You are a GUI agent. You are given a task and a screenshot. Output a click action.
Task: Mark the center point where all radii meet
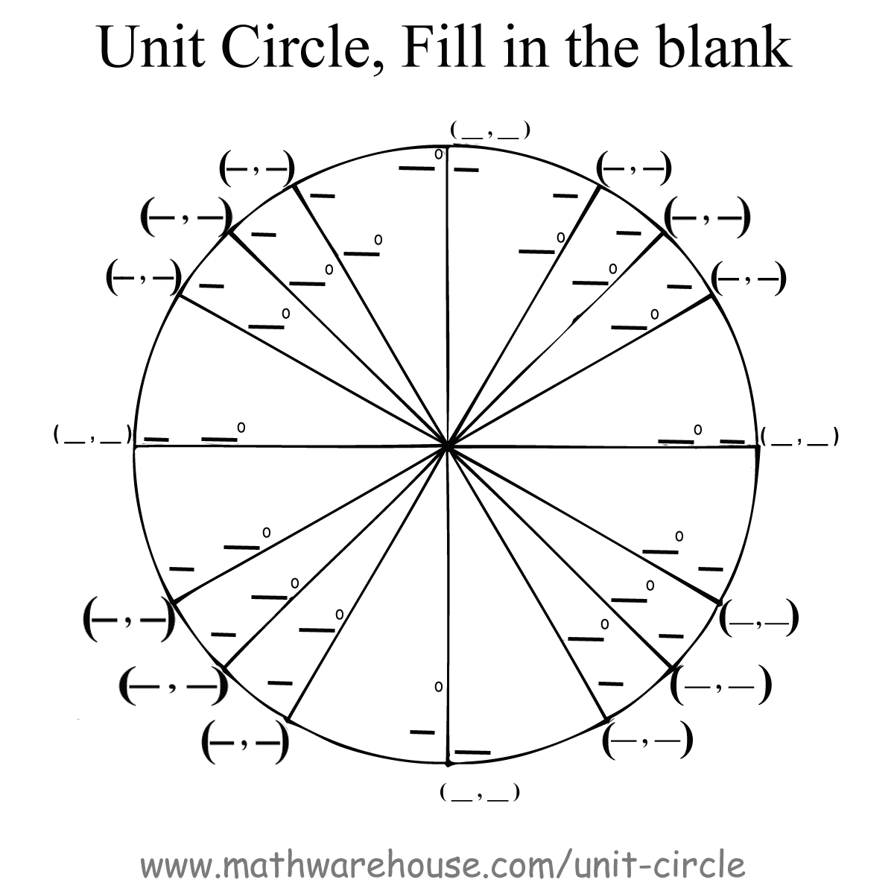click(446, 446)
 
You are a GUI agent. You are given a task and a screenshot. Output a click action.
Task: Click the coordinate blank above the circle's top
click(489, 131)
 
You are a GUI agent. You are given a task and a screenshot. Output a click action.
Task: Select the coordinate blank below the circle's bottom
click(479, 793)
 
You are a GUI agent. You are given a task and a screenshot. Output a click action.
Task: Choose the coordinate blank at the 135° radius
click(187, 216)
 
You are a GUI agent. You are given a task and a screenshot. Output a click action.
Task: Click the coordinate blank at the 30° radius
click(748, 279)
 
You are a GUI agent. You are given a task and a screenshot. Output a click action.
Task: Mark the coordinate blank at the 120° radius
click(257, 169)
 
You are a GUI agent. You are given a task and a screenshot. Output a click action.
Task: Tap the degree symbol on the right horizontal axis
click(698, 428)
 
